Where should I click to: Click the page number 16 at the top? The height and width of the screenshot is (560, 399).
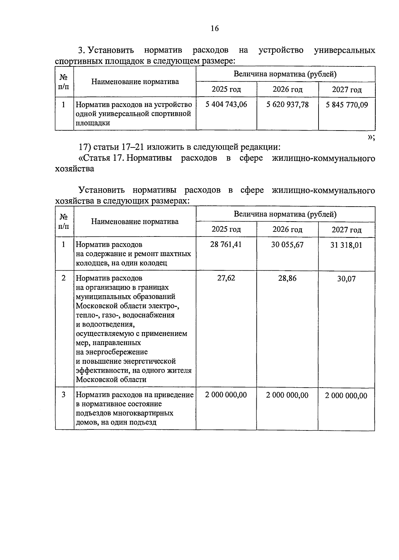pyautogui.click(x=215, y=29)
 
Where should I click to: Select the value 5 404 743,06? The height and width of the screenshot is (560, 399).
pyautogui.click(x=226, y=105)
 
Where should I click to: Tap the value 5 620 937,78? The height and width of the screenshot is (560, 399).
pyautogui.click(x=287, y=105)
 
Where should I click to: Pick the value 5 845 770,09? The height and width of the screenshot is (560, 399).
pyautogui.click(x=347, y=105)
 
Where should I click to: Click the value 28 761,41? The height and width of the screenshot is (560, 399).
pyautogui.click(x=226, y=245)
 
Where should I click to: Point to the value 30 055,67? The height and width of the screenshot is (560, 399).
pyautogui.click(x=287, y=245)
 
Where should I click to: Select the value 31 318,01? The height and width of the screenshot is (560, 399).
pyautogui.click(x=346, y=245)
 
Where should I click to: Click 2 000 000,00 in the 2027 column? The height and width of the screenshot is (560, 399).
pyautogui.click(x=346, y=396)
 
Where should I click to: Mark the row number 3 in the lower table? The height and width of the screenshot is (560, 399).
pyautogui.click(x=64, y=395)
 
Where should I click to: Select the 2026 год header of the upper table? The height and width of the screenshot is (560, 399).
pyautogui.click(x=288, y=89)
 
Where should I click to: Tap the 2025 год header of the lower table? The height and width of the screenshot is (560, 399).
pyautogui.click(x=226, y=230)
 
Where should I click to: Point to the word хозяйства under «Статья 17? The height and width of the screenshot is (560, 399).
pyautogui.click(x=74, y=169)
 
